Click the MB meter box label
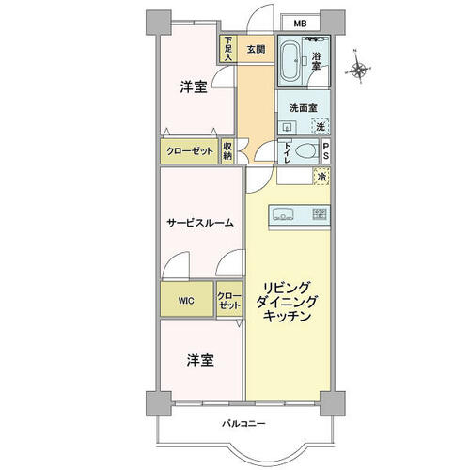[x=300, y=23]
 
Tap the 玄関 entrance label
[x=256, y=49]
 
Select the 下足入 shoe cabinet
[x=228, y=49]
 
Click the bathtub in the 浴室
[x=290, y=61]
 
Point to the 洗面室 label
[x=304, y=108]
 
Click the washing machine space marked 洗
[x=321, y=126]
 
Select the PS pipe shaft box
[x=326, y=151]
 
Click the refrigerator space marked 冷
[x=321, y=177]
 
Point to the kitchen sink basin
[x=284, y=214]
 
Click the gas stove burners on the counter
[x=320, y=213]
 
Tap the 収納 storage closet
[x=227, y=151]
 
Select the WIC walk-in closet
[x=187, y=299]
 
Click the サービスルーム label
[x=200, y=223]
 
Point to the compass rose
[x=359, y=69]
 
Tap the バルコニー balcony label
[x=243, y=424]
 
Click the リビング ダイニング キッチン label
[x=287, y=302]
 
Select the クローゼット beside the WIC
[x=229, y=299]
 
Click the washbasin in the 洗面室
[x=288, y=127]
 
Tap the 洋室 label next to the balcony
[x=200, y=360]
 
